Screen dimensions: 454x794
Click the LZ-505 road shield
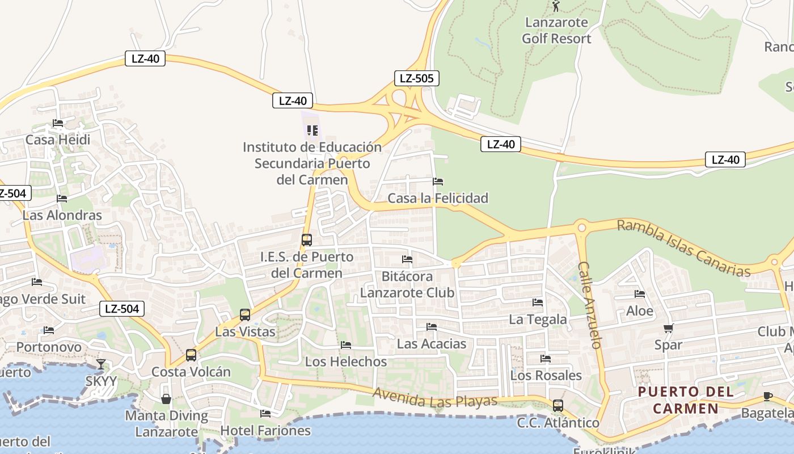(x=417, y=78)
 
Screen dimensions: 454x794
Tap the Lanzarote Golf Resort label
(x=556, y=31)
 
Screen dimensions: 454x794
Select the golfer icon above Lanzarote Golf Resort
(x=556, y=6)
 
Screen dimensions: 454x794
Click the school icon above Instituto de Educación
(x=312, y=131)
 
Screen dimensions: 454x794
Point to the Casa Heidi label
(x=58, y=140)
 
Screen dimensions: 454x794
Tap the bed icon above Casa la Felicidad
(x=438, y=182)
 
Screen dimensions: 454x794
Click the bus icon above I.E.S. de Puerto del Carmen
(x=307, y=240)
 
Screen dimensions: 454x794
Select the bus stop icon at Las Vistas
(x=245, y=315)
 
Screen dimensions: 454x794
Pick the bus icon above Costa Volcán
(x=191, y=355)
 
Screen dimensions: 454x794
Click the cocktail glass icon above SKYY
(x=101, y=364)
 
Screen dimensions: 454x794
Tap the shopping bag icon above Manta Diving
(x=166, y=399)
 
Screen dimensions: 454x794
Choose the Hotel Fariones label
(x=265, y=430)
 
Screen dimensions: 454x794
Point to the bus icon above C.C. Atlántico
(x=558, y=406)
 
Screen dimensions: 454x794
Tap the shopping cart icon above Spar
(x=669, y=328)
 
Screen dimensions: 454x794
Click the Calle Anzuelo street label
(x=589, y=305)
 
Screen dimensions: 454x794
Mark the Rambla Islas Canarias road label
(x=683, y=248)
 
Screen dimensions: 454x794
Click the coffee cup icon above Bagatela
(x=768, y=396)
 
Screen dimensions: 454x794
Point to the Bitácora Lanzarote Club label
(x=408, y=284)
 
